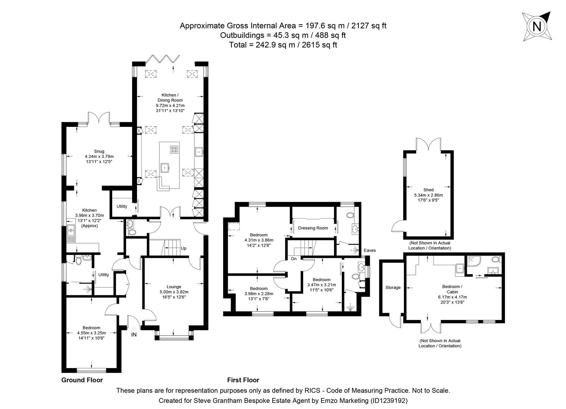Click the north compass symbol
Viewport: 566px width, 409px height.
pos(536,26)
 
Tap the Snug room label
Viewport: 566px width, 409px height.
pos(99,151)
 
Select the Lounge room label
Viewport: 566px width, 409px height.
pos(174,287)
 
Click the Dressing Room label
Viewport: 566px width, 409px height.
pos(313,228)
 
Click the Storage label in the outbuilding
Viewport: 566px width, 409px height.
pos(393,287)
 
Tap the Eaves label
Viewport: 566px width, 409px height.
pos(370,250)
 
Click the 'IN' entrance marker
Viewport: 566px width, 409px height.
pos(134,335)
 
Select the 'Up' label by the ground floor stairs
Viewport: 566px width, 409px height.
pos(184,248)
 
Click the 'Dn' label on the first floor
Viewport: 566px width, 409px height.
pos(294,259)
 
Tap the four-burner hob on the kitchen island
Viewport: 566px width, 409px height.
pos(175,150)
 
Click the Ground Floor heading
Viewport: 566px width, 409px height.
pos(82,380)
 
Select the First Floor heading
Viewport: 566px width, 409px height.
pos(243,380)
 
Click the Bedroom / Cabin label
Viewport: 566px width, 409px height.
pos(452,289)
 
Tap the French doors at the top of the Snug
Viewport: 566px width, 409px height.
pos(99,117)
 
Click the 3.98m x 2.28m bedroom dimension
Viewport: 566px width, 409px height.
pos(259,293)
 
